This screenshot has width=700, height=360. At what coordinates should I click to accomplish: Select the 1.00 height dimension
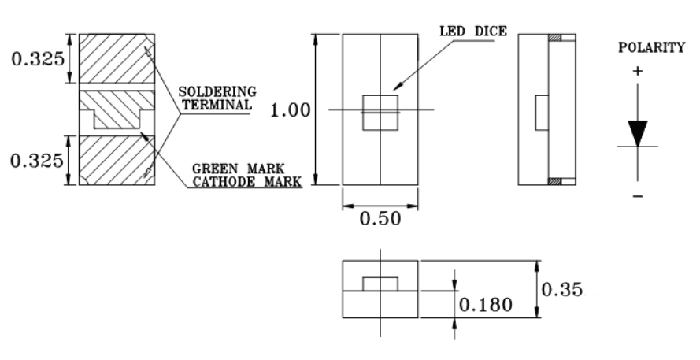(290, 110)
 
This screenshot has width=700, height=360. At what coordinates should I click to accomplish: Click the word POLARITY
(651, 49)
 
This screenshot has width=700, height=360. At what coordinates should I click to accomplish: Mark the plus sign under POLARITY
(637, 71)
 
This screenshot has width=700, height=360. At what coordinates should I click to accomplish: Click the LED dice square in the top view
(380, 112)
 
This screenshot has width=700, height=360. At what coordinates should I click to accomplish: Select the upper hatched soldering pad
(118, 59)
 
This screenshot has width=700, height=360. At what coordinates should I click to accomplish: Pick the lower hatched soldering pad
(118, 160)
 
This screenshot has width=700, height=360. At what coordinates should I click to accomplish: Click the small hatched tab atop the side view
(556, 37)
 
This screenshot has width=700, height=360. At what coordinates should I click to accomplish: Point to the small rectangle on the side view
(541, 112)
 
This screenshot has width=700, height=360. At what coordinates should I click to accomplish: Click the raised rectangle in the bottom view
(380, 284)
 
